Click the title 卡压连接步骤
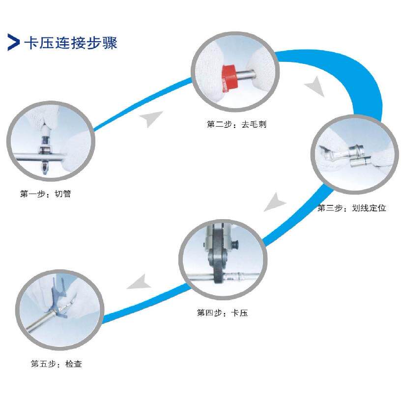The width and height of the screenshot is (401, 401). click(71, 43)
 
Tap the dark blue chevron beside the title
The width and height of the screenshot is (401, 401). click(13, 43)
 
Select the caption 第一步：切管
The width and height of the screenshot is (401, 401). click(46, 194)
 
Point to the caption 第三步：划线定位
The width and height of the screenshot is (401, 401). click(351, 208)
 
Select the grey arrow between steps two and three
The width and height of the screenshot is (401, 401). click(315, 88)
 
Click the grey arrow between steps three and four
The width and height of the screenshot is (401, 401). click(275, 201)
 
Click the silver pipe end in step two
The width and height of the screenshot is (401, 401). click(249, 75)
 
